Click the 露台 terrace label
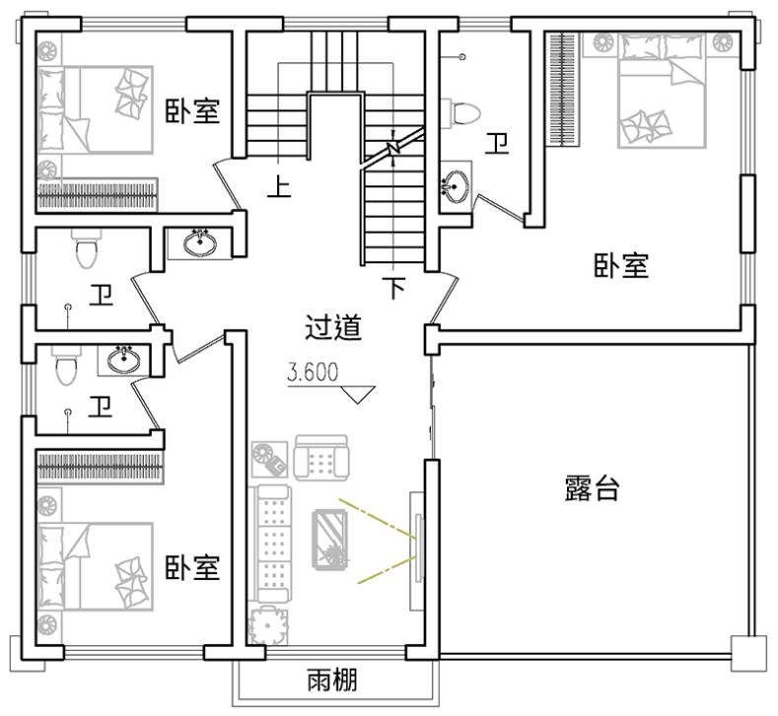(592, 488)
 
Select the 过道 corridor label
(332, 327)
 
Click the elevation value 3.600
(313, 372)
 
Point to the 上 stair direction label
(279, 186)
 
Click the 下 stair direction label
(394, 287)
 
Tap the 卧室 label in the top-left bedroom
(192, 111)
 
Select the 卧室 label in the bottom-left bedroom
(192, 568)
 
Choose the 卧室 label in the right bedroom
(620, 264)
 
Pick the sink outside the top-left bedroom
(200, 243)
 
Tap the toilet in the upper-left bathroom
(87, 248)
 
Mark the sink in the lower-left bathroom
(123, 359)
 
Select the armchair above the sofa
(320, 458)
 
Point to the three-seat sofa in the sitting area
(269, 543)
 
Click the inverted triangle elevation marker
(358, 394)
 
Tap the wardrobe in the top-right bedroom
(563, 90)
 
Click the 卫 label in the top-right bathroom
(496, 143)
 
